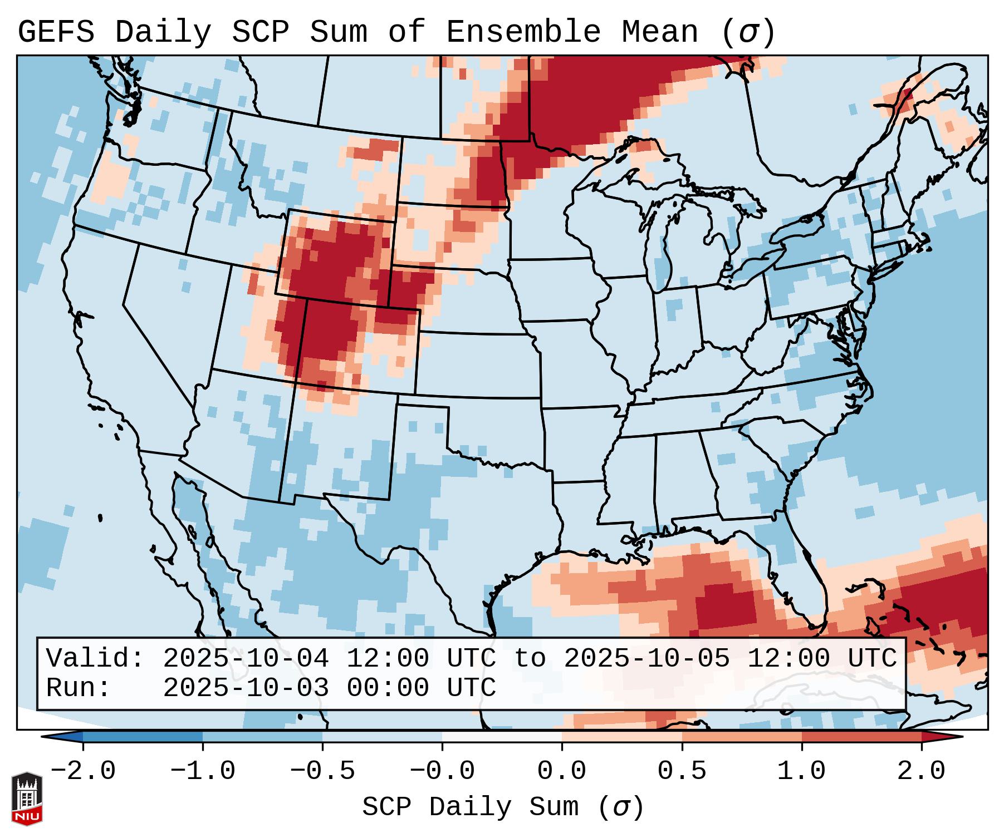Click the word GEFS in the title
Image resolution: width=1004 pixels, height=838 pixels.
(x=56, y=32)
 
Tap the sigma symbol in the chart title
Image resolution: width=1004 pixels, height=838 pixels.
(x=748, y=32)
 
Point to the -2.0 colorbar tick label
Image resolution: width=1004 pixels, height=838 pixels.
(x=83, y=771)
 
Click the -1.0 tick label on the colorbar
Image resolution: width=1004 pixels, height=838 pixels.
(x=203, y=771)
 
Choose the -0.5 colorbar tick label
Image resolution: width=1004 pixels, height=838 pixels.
(x=322, y=771)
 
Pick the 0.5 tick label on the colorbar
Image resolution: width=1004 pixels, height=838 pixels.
(x=682, y=771)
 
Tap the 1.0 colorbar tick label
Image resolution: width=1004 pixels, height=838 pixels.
(x=802, y=771)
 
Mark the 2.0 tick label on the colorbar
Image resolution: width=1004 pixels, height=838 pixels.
(x=922, y=771)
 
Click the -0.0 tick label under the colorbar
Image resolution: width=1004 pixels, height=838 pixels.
(x=442, y=771)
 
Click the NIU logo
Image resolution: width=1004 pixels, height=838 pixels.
(x=27, y=798)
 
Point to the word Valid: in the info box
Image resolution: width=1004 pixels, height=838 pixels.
(x=95, y=659)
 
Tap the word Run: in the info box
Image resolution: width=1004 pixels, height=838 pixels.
(x=78, y=688)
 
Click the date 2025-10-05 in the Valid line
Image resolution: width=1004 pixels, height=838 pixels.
(x=647, y=659)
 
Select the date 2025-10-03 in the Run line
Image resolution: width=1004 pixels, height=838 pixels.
(x=246, y=688)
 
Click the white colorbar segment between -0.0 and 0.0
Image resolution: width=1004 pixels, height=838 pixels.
(x=502, y=736)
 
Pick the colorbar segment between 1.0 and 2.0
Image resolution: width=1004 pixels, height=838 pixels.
(x=861, y=736)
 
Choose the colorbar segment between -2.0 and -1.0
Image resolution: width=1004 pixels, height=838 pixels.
(x=143, y=736)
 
